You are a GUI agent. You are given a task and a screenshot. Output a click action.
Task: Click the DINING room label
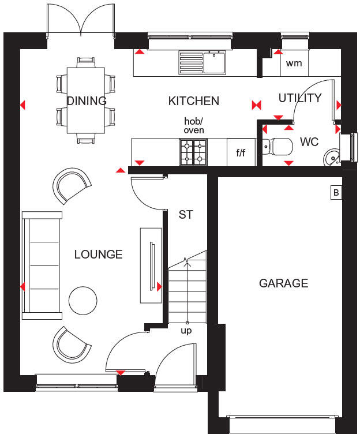click(87, 101)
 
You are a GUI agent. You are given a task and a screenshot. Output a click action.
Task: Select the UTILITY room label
click(299, 98)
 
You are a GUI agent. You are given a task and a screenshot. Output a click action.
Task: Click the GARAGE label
click(283, 283)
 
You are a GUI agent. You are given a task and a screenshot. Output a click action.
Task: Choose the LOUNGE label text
click(98, 254)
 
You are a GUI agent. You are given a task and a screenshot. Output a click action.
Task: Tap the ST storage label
click(185, 215)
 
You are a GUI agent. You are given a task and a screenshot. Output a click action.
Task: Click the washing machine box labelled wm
click(294, 63)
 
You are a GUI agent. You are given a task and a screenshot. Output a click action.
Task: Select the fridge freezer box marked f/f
click(241, 153)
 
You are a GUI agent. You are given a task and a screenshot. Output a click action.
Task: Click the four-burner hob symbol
click(193, 152)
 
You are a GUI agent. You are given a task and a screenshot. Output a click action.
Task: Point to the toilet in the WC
click(279, 147)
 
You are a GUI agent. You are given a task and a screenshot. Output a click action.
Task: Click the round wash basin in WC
click(332, 156)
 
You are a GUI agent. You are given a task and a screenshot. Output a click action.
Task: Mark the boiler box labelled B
click(336, 193)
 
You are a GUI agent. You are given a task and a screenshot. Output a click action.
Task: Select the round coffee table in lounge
click(82, 300)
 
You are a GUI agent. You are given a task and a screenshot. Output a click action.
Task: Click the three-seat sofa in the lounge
click(42, 265)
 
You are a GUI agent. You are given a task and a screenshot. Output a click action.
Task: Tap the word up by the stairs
click(186, 331)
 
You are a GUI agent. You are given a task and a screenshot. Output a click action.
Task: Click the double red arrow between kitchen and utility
click(257, 104)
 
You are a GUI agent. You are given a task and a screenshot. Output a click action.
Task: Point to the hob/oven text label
click(194, 126)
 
